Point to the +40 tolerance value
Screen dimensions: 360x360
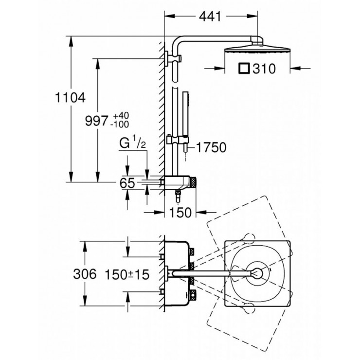tap(120, 116)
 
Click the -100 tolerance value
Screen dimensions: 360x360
tap(120, 125)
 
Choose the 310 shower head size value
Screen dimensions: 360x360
tap(265, 69)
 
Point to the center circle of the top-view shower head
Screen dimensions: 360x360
tap(257, 273)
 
